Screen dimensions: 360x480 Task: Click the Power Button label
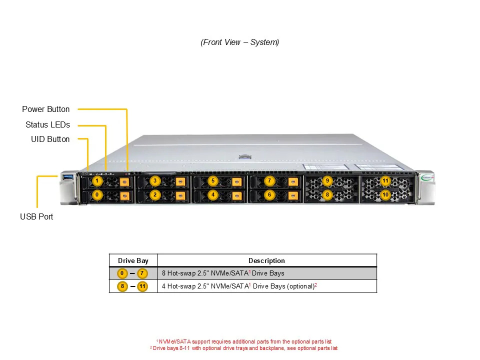click(x=46, y=109)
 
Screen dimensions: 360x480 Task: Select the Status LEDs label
click(x=47, y=124)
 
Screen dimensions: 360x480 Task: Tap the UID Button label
click(x=50, y=139)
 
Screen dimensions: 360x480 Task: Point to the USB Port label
click(x=36, y=216)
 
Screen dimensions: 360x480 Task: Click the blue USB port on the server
click(x=68, y=176)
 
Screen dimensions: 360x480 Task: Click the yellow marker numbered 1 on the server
click(x=97, y=180)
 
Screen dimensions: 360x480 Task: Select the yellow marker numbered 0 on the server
click(x=97, y=194)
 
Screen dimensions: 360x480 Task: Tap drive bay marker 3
click(x=155, y=180)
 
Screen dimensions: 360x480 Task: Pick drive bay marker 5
click(x=213, y=180)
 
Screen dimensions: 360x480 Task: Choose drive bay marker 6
click(x=269, y=194)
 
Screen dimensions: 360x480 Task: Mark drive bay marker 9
click(x=327, y=180)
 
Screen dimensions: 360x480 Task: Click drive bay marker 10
click(x=385, y=194)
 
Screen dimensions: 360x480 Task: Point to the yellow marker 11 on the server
click(x=385, y=180)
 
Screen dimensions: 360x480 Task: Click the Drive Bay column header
click(x=133, y=260)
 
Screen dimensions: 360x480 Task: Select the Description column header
click(x=266, y=260)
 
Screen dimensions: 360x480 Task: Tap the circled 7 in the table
click(x=142, y=273)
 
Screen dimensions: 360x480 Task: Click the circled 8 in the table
click(x=122, y=286)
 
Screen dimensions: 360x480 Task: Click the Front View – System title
click(x=240, y=42)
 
